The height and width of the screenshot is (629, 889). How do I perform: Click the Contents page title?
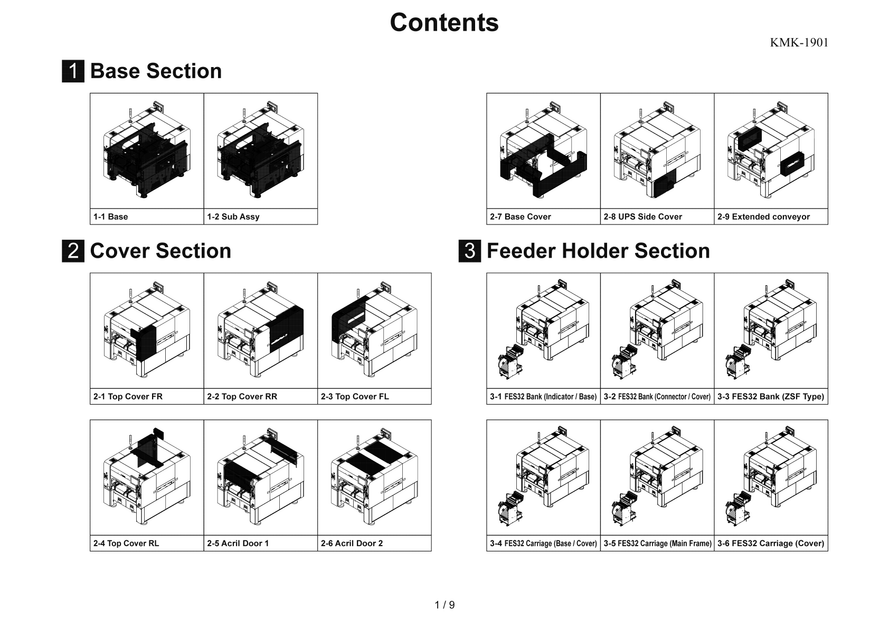tap(444, 23)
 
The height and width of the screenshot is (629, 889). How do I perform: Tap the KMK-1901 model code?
tap(799, 43)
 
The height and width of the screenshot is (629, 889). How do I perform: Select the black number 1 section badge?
tap(73, 71)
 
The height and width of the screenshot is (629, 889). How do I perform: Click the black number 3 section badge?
tap(469, 251)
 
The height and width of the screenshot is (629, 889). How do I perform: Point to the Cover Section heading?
tap(160, 251)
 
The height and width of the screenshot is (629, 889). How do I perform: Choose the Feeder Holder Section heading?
tap(598, 251)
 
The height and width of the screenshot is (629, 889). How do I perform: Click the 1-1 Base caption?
tap(111, 217)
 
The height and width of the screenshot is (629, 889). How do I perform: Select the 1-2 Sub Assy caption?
tap(233, 217)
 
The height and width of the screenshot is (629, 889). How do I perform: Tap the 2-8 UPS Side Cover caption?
tap(642, 217)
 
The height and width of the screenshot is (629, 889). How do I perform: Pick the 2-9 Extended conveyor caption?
tap(763, 217)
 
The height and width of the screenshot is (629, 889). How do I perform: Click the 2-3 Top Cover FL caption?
tap(355, 397)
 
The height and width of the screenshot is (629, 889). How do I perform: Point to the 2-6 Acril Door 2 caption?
tap(352, 543)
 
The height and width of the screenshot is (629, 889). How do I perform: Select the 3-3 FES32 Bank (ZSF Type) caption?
tap(771, 397)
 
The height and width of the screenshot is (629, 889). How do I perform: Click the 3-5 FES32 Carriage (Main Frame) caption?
tap(657, 543)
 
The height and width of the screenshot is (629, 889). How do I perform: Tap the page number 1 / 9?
tap(445, 605)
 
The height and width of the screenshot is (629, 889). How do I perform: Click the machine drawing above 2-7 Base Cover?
tap(543, 151)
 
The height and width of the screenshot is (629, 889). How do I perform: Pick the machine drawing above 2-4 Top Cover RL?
tap(147, 477)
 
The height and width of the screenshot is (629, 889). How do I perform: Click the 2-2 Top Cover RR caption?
tap(242, 397)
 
